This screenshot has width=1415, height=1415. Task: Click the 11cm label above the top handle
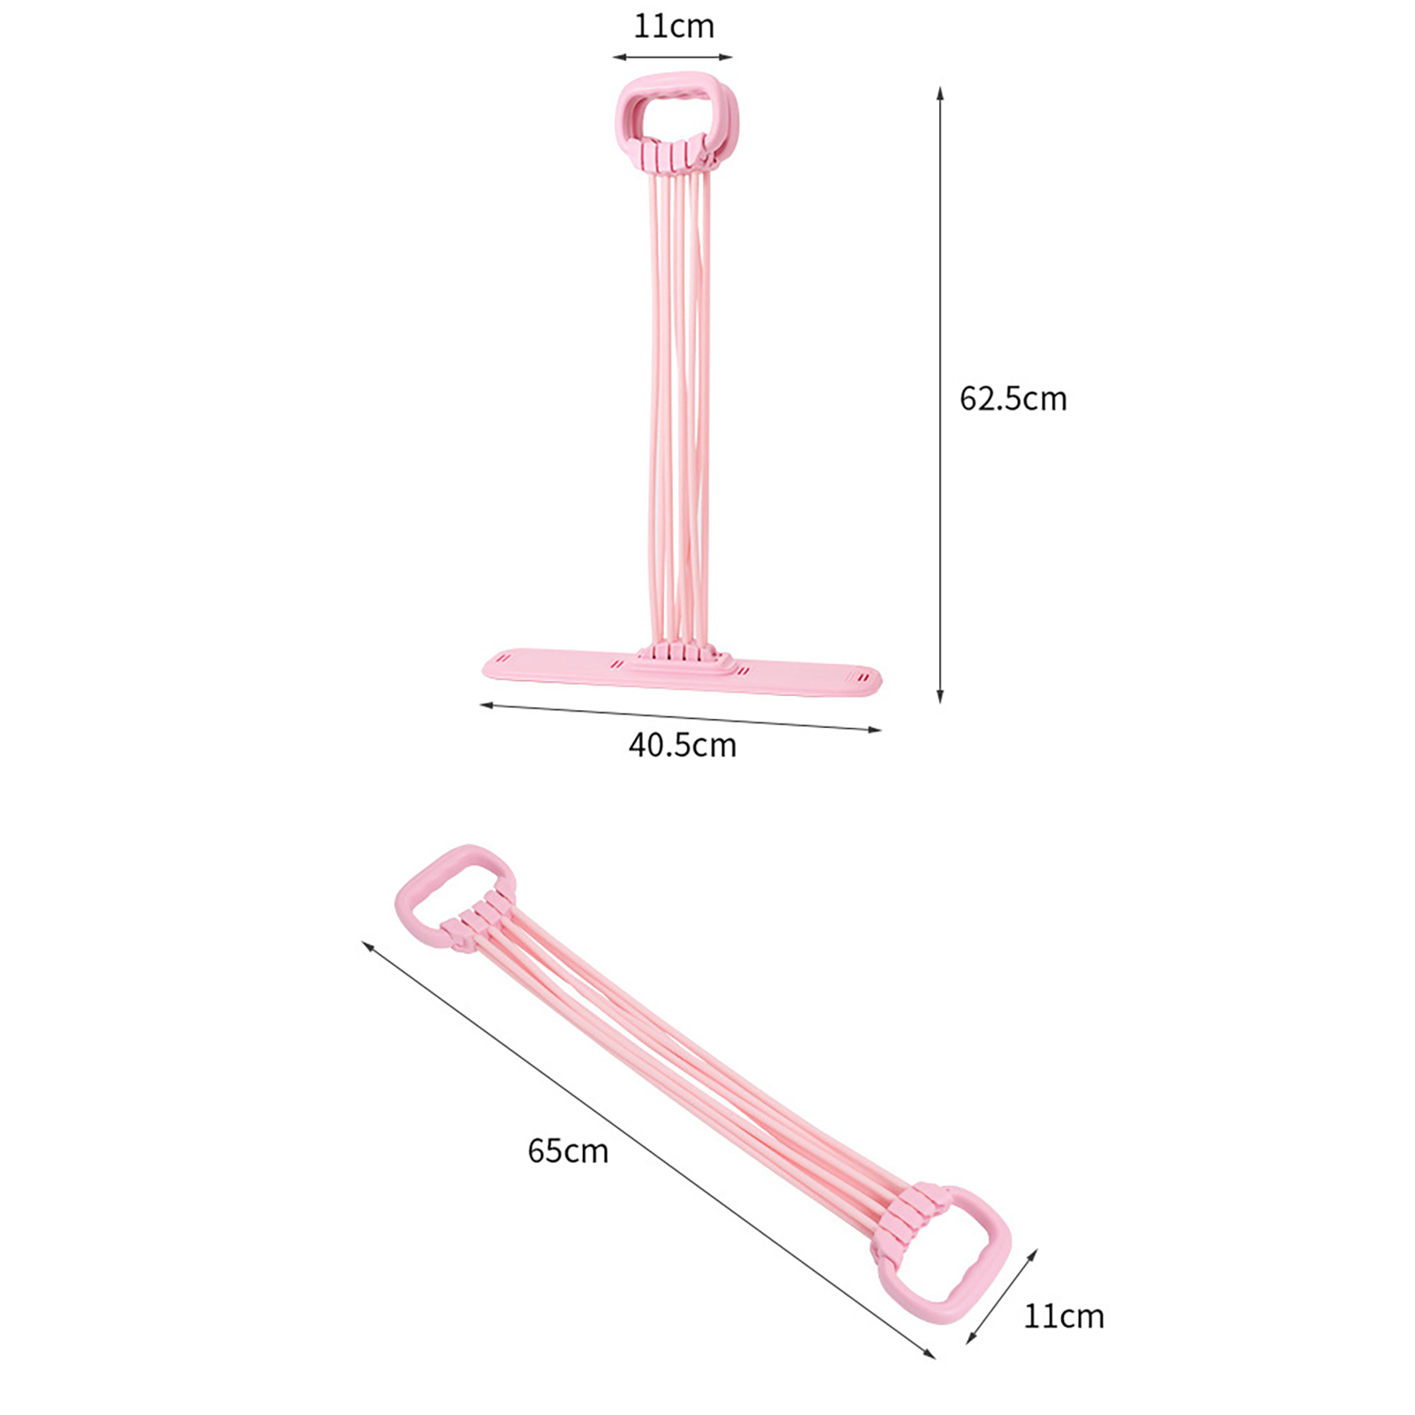click(673, 27)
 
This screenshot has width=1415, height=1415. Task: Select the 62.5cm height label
click(1013, 399)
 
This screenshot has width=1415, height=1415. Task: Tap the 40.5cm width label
click(682, 746)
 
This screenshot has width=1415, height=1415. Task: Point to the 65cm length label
click(568, 1151)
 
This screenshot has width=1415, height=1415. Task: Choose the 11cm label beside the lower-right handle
click(1064, 1317)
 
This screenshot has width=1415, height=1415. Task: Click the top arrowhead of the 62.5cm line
click(940, 93)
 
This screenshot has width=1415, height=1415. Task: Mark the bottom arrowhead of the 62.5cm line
click(940, 697)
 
